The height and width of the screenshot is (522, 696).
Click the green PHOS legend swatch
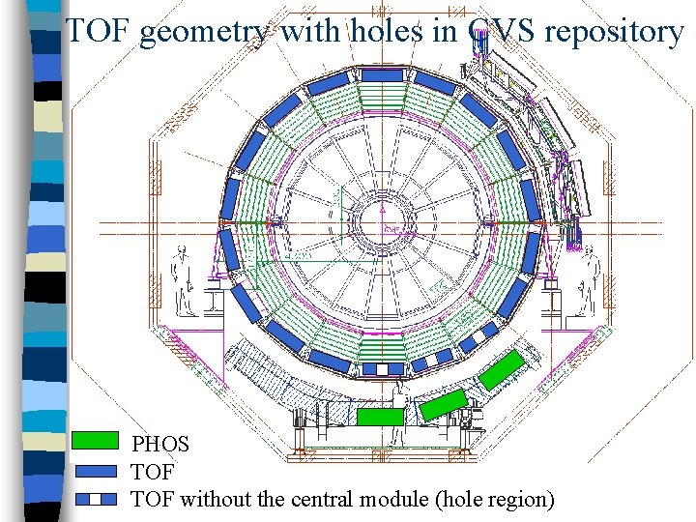pyautogui.click(x=95, y=444)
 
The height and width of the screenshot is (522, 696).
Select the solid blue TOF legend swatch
pyautogui.click(x=95, y=472)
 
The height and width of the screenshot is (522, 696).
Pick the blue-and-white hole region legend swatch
pyautogui.click(x=95, y=499)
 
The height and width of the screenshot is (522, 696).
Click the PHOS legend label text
pyautogui.click(x=160, y=446)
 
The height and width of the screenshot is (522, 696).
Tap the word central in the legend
pyautogui.click(x=328, y=500)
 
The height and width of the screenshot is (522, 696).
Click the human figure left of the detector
pyautogui.click(x=183, y=280)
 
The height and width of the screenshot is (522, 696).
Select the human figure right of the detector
pyautogui.click(x=585, y=280)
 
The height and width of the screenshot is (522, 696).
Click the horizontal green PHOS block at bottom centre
pyautogui.click(x=380, y=416)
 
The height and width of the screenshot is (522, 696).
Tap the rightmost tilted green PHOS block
pyautogui.click(x=504, y=370)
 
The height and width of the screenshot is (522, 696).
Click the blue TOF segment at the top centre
pyautogui.click(x=382, y=73)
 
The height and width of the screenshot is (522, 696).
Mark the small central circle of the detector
pyautogui.click(x=382, y=224)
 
